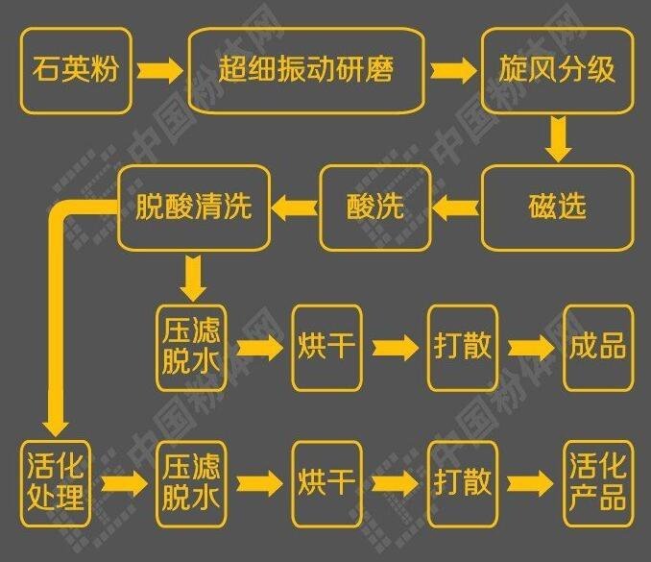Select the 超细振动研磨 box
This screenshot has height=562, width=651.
[x=306, y=70]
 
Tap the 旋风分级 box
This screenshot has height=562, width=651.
[x=557, y=70]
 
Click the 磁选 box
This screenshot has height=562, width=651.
[x=557, y=207]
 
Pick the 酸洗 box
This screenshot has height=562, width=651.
[x=374, y=207]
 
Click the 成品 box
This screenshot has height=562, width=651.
[x=598, y=347]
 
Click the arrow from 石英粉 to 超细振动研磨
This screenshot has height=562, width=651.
[x=158, y=70]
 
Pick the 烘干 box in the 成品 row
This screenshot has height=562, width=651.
[x=327, y=347]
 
